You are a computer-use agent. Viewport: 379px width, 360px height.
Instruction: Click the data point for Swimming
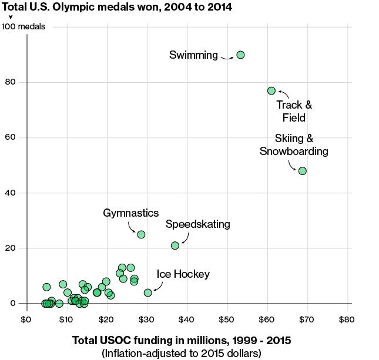pyautogui.click(x=240, y=55)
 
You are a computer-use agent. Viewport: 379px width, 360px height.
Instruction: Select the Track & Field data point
pyautogui.click(x=271, y=90)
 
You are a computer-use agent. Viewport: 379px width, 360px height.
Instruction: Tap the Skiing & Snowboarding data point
pyautogui.click(x=303, y=171)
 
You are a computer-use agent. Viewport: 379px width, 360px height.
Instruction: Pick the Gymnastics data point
pyautogui.click(x=141, y=234)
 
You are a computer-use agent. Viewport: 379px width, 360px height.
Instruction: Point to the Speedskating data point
pyautogui.click(x=175, y=245)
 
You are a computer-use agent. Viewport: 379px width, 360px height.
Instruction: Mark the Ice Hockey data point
pyautogui.click(x=148, y=292)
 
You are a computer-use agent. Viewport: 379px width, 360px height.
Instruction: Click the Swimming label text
pyautogui.click(x=193, y=55)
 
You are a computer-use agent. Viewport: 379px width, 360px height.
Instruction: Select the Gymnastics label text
pyautogui.click(x=131, y=213)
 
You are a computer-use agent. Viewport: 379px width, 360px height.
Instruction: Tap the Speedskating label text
pyautogui.click(x=198, y=224)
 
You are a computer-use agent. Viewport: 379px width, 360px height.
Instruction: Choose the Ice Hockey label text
pyautogui.click(x=183, y=274)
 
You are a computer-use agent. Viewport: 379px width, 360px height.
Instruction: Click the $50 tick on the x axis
pyautogui.click(x=227, y=319)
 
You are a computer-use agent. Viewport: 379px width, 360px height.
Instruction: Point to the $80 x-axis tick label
pyautogui.click(x=347, y=319)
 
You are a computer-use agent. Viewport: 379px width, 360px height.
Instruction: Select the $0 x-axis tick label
pyautogui.click(x=26, y=319)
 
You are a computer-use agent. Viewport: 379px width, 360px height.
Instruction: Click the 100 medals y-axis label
pyautogui.click(x=24, y=27)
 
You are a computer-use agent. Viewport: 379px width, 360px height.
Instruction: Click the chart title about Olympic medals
pyautogui.click(x=117, y=8)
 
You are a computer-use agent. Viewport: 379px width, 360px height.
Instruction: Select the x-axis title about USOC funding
pyautogui.click(x=181, y=341)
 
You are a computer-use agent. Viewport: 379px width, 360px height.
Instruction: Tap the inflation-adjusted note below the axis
pyautogui.click(x=181, y=353)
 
